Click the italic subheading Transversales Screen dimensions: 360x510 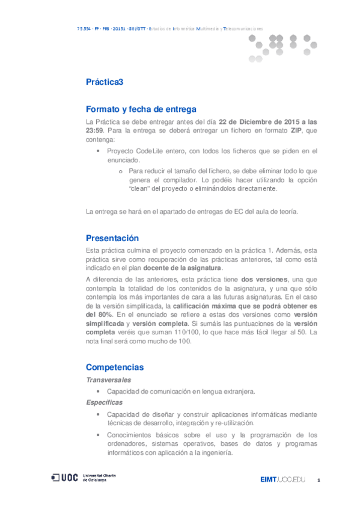pyautogui.click(x=108, y=379)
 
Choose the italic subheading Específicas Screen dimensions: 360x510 pyautogui.click(x=105, y=402)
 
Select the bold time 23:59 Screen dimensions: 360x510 pyautogui.click(x=96, y=131)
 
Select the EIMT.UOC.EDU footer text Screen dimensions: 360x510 pyautogui.click(x=282, y=479)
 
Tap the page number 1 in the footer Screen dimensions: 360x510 pyautogui.click(x=319, y=480)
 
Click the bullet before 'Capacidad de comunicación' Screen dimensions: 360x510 pyautogui.click(x=99, y=392)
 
